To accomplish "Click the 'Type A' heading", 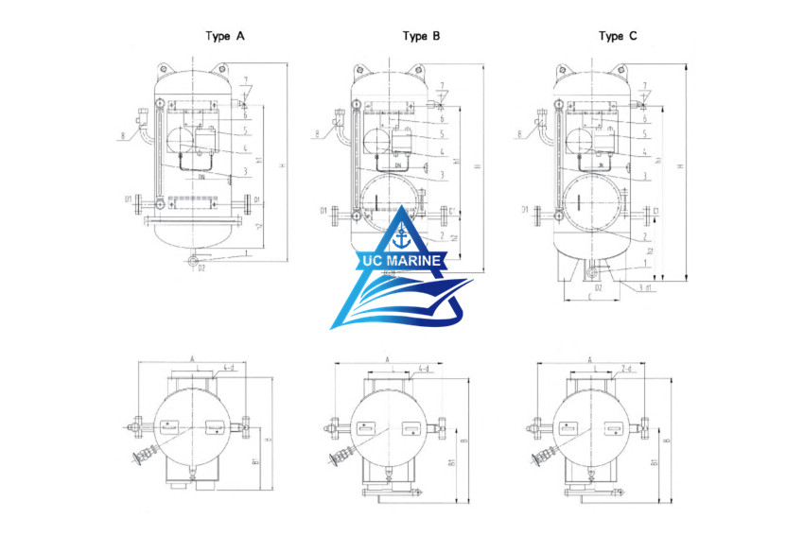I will point(226,36).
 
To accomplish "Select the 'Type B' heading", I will point(421,36).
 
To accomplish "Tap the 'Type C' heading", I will point(618,36).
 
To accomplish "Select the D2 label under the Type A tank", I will point(201,269).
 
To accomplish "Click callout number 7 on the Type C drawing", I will point(645,86).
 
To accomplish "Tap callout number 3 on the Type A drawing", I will point(245,171).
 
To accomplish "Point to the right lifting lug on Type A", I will point(222,68).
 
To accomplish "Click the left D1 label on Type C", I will point(524,209).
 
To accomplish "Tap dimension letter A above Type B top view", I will point(388,360).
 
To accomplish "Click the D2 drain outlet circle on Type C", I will point(591,273).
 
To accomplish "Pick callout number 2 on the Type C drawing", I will point(645,235).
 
